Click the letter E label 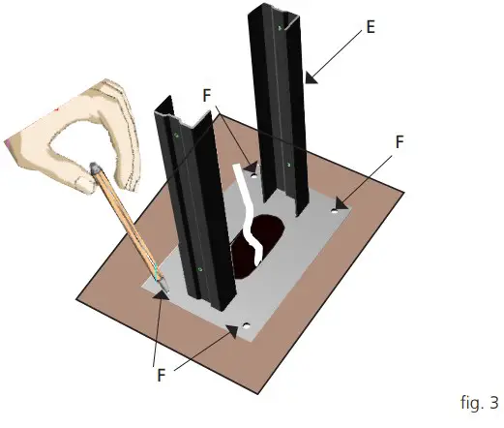coord(371,29)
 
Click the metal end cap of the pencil coord(96,169)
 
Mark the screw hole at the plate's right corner coord(338,204)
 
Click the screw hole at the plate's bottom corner coord(246,326)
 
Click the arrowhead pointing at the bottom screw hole coord(232,331)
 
